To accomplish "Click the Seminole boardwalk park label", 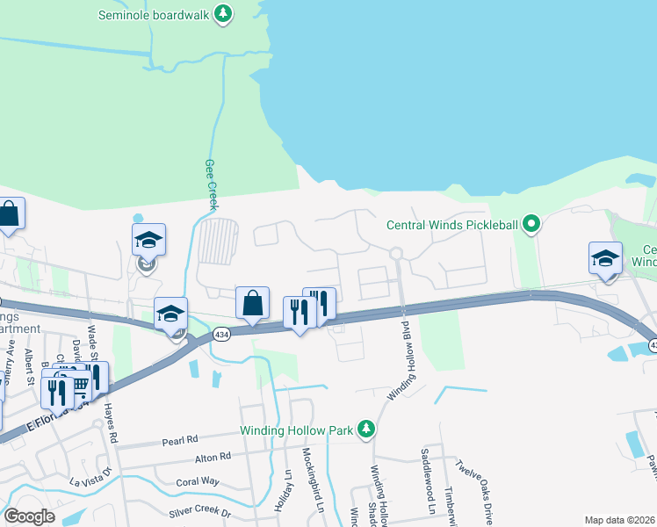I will [155, 14].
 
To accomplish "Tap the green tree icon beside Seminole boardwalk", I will [224, 13].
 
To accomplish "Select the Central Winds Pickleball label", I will [453, 225].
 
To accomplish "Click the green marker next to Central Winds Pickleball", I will [531, 225].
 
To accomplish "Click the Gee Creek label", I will [211, 184].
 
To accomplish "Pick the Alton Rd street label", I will [213, 457].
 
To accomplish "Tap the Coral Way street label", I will [197, 481].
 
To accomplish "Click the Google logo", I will [29, 516].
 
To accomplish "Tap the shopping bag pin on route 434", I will [253, 303].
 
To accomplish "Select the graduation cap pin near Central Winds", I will [605, 258].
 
